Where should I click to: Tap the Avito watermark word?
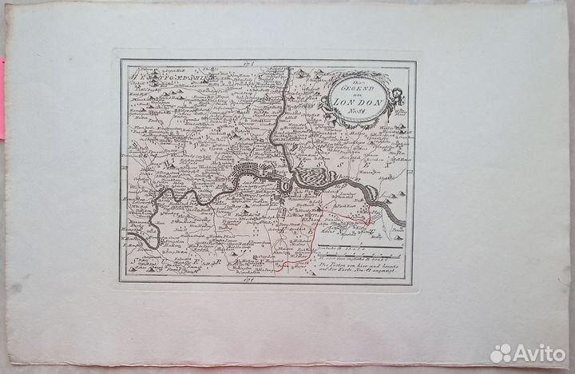pos(540,352)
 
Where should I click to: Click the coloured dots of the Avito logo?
pos(502,352)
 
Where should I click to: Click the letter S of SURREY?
pos(129,257)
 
